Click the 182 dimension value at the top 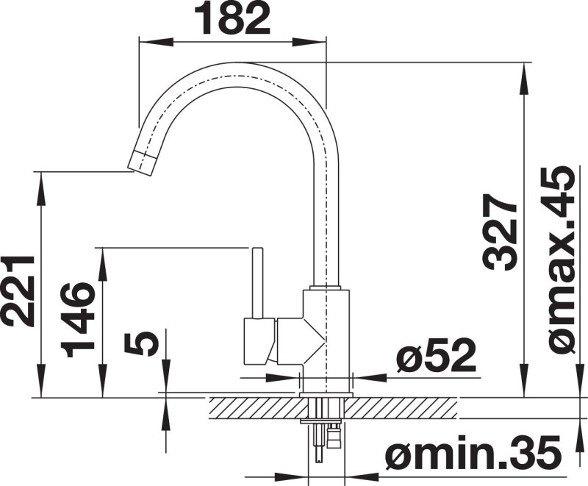[x=232, y=18]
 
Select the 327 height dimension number [x=500, y=232]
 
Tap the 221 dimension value [x=17, y=291]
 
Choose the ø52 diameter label [x=436, y=354]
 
